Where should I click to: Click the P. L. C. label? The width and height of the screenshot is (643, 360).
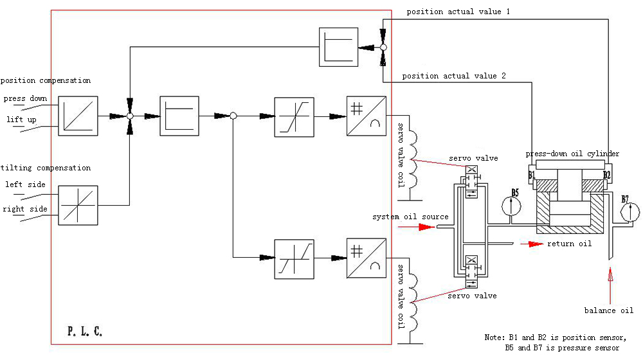click(x=85, y=331)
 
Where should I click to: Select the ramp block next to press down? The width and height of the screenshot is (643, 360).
click(x=78, y=116)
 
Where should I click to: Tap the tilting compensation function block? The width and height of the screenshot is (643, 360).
click(x=78, y=206)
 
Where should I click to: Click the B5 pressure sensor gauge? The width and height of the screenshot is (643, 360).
click(x=511, y=206)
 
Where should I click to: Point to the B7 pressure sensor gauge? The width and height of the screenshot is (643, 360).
click(x=630, y=212)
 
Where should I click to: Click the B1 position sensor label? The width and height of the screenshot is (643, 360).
click(x=532, y=175)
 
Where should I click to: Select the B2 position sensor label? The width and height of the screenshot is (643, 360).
click(x=606, y=175)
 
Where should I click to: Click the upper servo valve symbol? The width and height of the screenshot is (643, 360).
click(x=471, y=182)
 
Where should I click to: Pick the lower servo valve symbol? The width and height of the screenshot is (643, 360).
click(x=471, y=271)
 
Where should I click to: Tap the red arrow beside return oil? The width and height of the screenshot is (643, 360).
click(x=532, y=244)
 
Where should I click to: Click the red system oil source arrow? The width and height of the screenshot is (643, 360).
click(x=416, y=227)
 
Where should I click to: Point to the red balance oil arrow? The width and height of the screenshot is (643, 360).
click(x=610, y=285)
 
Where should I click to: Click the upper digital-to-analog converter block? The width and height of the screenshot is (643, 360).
click(x=367, y=116)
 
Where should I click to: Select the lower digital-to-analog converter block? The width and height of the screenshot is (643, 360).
click(x=367, y=258)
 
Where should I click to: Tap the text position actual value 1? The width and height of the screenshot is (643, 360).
click(x=458, y=12)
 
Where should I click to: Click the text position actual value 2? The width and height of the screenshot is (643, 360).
click(x=453, y=76)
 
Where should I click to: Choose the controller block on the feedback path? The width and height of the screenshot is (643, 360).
click(x=338, y=47)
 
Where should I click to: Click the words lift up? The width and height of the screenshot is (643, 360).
click(x=21, y=120)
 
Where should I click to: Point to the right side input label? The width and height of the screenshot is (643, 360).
click(x=25, y=209)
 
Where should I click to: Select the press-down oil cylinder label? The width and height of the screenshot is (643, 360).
click(x=572, y=154)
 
